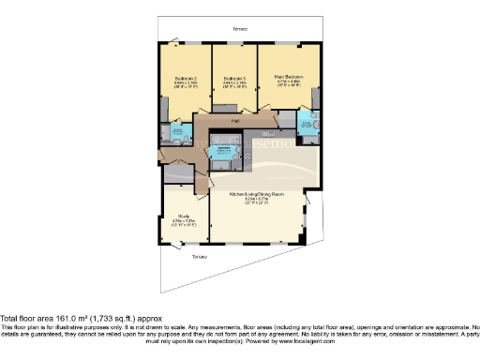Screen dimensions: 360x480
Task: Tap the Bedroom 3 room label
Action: point(235,78)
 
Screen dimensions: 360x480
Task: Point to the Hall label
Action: point(236,121)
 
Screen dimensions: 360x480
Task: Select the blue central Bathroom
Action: point(224,152)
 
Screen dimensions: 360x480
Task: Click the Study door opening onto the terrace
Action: point(178,245)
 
